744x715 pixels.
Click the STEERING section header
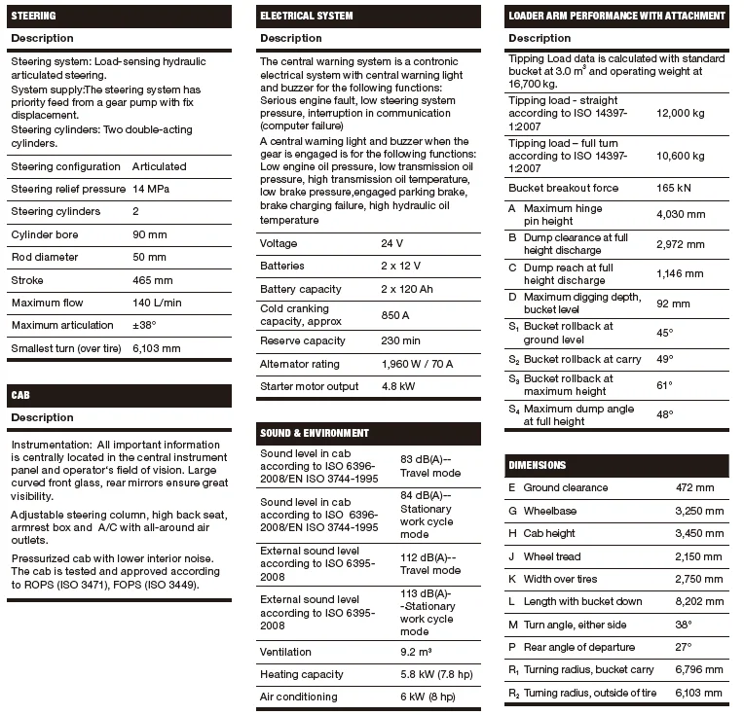(x=34, y=16)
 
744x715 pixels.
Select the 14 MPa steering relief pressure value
(x=151, y=189)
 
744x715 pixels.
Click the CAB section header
(x=21, y=396)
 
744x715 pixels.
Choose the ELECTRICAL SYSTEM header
(x=306, y=16)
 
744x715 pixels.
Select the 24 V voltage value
(x=392, y=243)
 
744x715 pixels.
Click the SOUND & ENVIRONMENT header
(x=314, y=433)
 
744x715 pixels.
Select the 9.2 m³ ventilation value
(x=418, y=652)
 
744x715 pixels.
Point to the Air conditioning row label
(x=298, y=697)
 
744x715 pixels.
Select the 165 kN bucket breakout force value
(x=673, y=188)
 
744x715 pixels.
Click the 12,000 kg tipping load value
(x=680, y=113)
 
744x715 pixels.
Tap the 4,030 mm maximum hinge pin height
(x=681, y=214)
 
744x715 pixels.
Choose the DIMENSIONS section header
(x=537, y=465)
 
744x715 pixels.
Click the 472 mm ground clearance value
(x=694, y=487)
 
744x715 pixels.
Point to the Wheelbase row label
(x=549, y=510)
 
